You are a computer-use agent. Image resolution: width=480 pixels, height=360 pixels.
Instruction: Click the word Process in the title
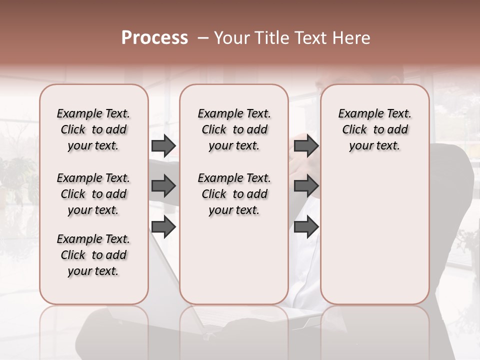tap(154, 38)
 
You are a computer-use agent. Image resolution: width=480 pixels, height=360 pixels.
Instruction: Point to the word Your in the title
tap(232, 38)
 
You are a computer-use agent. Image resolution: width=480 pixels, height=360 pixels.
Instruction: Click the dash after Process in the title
tap(203, 38)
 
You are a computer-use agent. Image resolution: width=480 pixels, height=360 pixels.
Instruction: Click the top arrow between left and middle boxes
tap(163, 145)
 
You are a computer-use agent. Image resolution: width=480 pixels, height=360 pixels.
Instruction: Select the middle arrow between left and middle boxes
tap(163, 186)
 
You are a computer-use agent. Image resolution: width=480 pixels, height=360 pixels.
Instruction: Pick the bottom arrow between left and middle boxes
tap(163, 227)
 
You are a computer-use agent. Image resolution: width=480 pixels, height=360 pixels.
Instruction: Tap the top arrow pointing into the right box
tap(306, 145)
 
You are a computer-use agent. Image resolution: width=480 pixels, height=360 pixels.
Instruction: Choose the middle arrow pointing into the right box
tap(306, 186)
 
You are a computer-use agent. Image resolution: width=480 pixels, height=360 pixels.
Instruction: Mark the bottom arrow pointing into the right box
tap(306, 227)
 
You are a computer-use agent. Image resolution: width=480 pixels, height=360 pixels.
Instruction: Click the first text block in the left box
tap(93, 129)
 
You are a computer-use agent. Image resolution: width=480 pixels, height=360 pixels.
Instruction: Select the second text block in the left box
tap(93, 194)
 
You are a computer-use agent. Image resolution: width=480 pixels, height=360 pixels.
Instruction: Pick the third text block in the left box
tap(93, 255)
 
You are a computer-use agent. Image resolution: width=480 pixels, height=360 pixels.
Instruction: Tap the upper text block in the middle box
tap(234, 129)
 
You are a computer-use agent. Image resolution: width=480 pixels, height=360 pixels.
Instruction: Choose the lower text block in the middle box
tap(234, 194)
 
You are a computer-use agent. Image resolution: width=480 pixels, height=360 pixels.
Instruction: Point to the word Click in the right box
tap(354, 129)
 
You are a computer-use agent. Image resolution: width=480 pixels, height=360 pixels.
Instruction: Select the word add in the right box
tap(397, 129)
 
